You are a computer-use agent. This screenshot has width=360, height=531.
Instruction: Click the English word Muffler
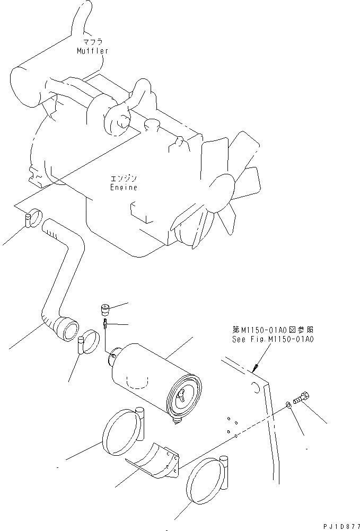92,51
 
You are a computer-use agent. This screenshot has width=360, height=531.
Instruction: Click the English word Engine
124,187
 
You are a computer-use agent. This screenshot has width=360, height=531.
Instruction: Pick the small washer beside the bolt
287,405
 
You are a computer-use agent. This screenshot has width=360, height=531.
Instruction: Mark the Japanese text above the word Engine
123,179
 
